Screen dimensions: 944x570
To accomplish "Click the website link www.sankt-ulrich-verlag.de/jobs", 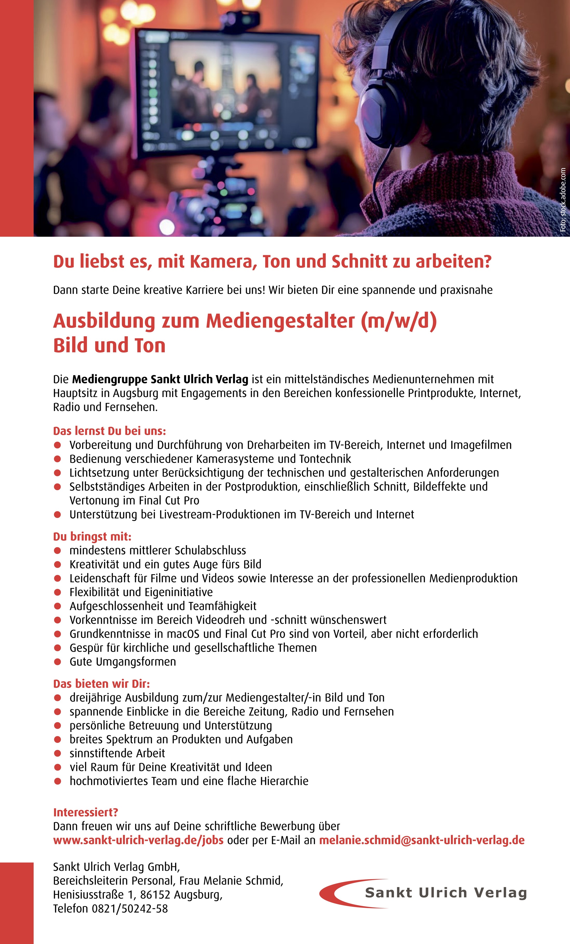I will (138, 840).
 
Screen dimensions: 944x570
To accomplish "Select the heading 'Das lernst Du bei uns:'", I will (110, 431).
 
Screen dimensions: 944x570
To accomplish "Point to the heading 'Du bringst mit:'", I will (92, 536).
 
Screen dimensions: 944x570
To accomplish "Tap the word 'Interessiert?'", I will (86, 812).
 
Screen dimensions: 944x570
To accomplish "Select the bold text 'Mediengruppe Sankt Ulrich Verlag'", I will (160, 379).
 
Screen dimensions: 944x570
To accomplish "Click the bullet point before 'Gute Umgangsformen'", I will (57, 662).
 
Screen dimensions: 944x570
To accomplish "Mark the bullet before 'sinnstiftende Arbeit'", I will (57, 753).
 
